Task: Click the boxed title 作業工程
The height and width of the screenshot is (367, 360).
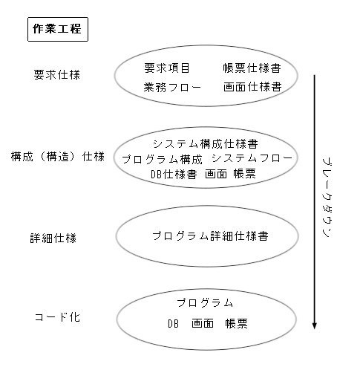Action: tap(58, 29)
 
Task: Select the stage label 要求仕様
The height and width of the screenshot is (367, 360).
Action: tap(57, 74)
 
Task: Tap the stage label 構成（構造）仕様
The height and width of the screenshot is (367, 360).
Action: tap(58, 157)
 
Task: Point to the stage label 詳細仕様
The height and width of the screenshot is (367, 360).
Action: tap(53, 238)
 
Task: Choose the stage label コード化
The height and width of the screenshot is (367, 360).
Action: tap(57, 317)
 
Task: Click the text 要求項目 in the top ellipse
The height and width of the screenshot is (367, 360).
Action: tap(167, 68)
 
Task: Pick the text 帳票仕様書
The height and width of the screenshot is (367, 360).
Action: tap(252, 68)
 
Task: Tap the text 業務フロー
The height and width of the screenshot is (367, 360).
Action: tap(172, 87)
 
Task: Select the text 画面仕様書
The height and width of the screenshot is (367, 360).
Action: tap(252, 87)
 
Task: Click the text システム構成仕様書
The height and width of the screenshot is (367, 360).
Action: tap(206, 144)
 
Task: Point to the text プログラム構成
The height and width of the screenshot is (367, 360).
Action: tap(163, 159)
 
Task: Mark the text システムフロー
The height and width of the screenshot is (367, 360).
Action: tap(252, 158)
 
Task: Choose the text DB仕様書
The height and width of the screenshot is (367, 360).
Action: tap(174, 175)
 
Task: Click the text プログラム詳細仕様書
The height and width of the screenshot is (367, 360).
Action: tap(210, 236)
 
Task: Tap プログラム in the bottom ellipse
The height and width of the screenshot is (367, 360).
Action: tap(205, 302)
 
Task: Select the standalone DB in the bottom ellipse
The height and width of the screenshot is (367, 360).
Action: tap(173, 323)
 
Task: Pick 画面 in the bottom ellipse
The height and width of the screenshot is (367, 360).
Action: tap(203, 323)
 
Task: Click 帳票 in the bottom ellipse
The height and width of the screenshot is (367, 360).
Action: tap(237, 323)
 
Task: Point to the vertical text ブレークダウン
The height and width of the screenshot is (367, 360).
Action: tap(327, 198)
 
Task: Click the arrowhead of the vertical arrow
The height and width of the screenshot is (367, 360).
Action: tap(315, 326)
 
